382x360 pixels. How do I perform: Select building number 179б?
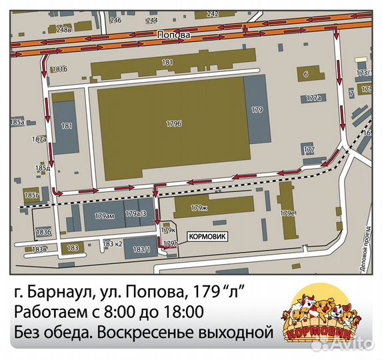tap(174, 123)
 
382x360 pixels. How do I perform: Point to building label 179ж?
tap(199, 208)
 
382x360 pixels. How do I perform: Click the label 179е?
tap(288, 213)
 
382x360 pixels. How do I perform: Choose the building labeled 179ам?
tap(105, 215)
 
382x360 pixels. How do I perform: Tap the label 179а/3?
tap(136, 213)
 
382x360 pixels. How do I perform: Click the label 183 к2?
tap(112, 244)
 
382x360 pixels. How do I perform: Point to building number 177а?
tap(313, 98)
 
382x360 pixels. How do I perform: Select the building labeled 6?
tap(305, 74)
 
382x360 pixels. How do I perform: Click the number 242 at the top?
tap(213, 13)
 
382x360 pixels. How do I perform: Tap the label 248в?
tap(64, 29)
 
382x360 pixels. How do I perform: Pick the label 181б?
tap(60, 69)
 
